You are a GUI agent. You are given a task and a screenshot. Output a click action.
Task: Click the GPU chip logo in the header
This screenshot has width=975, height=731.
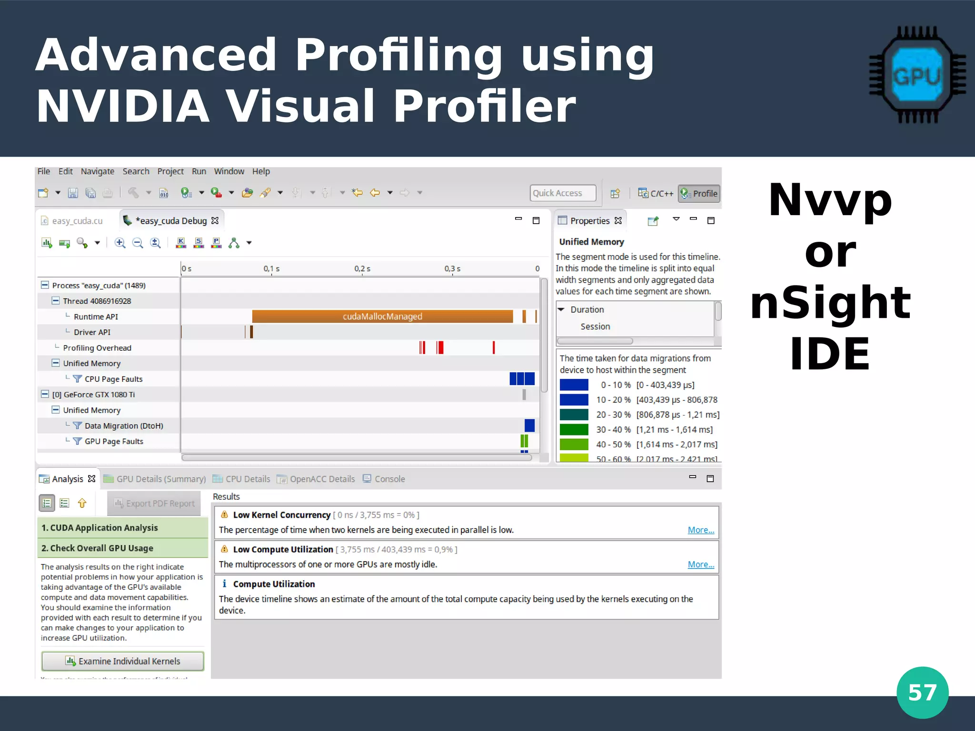click(x=917, y=75)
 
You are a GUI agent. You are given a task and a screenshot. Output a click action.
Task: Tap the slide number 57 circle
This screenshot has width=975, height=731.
click(x=922, y=692)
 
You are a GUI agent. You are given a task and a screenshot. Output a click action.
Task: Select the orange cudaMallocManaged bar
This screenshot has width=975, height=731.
click(x=382, y=316)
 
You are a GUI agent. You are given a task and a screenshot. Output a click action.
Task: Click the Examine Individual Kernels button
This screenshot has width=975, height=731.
click(x=123, y=661)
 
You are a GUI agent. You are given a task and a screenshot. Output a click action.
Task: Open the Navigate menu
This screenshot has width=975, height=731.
click(x=97, y=171)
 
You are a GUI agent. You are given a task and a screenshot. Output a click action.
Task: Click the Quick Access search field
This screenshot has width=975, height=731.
click(x=563, y=193)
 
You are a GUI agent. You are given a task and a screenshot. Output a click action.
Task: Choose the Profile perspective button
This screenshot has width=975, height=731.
click(x=699, y=194)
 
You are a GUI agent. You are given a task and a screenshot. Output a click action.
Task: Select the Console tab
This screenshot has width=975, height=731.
click(x=389, y=479)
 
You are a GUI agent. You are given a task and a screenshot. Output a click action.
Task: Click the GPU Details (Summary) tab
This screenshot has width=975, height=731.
click(x=160, y=479)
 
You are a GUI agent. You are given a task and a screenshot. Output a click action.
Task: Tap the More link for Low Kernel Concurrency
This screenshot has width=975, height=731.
click(x=700, y=530)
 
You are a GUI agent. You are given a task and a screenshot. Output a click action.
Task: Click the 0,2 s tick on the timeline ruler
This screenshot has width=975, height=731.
click(x=362, y=269)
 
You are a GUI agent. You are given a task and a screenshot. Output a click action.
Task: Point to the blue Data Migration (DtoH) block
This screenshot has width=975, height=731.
click(x=529, y=425)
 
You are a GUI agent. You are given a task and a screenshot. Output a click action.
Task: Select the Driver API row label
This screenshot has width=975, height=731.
click(x=92, y=332)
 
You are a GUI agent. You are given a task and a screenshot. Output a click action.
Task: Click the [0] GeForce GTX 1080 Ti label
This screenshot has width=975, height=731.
click(x=93, y=395)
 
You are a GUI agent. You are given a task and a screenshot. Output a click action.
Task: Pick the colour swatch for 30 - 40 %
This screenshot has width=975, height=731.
click(x=574, y=429)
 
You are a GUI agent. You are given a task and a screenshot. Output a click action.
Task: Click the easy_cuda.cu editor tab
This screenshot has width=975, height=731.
click(x=77, y=221)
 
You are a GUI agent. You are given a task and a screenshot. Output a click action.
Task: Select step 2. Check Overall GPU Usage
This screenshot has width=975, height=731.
click(x=97, y=548)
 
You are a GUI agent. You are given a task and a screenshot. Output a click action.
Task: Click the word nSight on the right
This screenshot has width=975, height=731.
click(x=830, y=303)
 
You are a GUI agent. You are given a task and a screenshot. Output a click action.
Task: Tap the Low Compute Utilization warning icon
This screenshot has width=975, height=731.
click(x=224, y=549)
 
